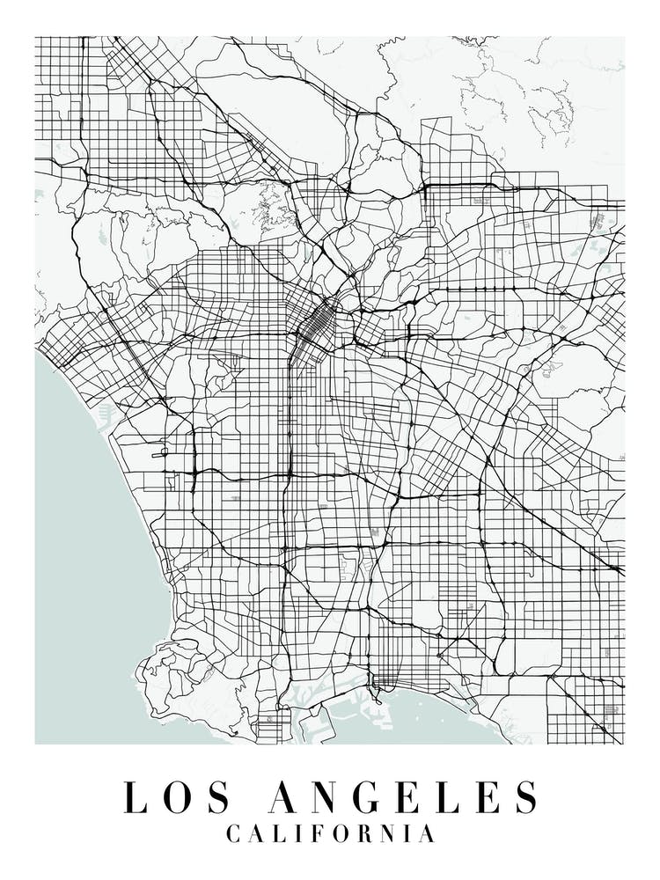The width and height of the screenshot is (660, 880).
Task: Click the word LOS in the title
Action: (x=177, y=797)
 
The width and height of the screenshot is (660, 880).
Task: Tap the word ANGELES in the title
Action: (x=404, y=797)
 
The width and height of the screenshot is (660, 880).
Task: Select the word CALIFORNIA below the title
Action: (x=330, y=833)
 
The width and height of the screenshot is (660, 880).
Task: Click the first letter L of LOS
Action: (x=135, y=797)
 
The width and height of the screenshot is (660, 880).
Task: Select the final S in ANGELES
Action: (x=525, y=797)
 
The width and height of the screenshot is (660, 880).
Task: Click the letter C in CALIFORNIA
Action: (x=234, y=833)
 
